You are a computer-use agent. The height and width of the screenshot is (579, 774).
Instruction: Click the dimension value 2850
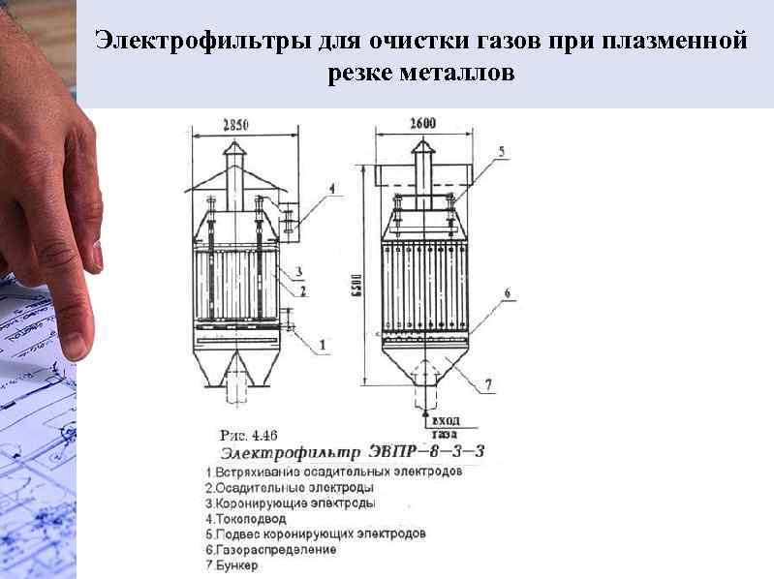tap(236, 124)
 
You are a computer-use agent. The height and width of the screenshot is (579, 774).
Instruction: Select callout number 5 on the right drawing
tap(501, 152)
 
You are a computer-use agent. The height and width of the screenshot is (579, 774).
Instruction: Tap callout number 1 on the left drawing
tap(323, 343)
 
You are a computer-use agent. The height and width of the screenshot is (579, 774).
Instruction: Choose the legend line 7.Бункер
tap(232, 565)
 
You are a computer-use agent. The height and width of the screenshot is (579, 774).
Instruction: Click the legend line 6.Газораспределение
tap(272, 550)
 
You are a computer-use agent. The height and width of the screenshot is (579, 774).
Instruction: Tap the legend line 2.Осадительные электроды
tap(290, 488)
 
